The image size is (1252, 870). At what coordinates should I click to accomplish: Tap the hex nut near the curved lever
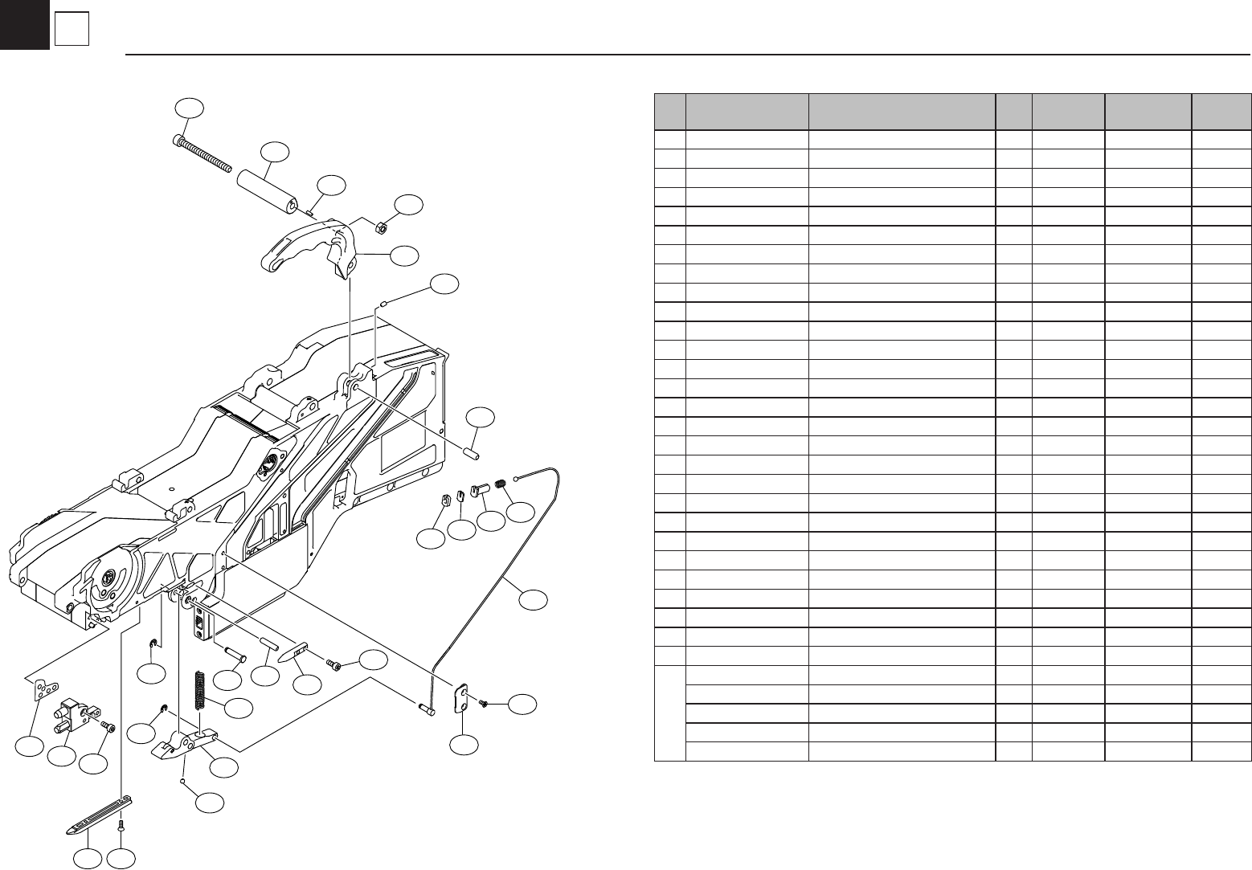tap(383, 227)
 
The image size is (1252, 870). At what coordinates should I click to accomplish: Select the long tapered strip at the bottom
tap(99, 815)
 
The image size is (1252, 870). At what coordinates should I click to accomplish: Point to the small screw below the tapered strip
tap(121, 824)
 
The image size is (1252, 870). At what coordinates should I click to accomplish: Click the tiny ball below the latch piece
tap(184, 779)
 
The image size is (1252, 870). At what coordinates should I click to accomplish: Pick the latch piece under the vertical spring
tap(186, 744)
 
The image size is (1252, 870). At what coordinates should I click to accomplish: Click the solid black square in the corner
tap(24, 24)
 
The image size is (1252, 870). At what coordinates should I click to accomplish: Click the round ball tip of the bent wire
tap(514, 478)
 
